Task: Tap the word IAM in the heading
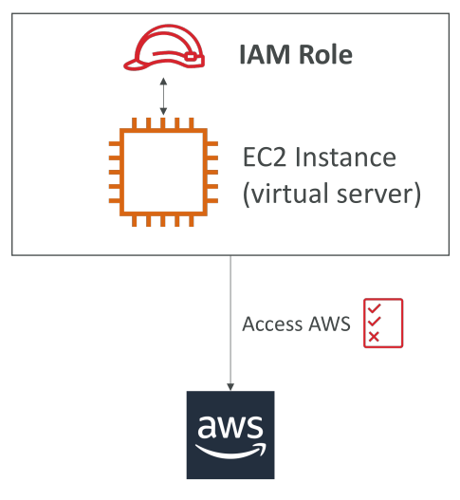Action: tap(265, 54)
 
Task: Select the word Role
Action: tap(325, 54)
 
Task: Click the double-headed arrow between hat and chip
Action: tap(163, 96)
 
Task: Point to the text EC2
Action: tap(265, 157)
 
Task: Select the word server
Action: tap(377, 194)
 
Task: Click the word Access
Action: tap(272, 324)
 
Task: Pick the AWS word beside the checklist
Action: tap(330, 324)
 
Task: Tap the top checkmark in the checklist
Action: tap(375, 308)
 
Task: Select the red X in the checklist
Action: tap(374, 337)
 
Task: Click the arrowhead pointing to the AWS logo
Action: tap(230, 387)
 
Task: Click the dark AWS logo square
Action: tap(230, 435)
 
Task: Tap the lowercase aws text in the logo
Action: tap(230, 426)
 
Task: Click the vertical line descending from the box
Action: tap(230, 323)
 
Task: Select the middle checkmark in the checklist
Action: tap(375, 322)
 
